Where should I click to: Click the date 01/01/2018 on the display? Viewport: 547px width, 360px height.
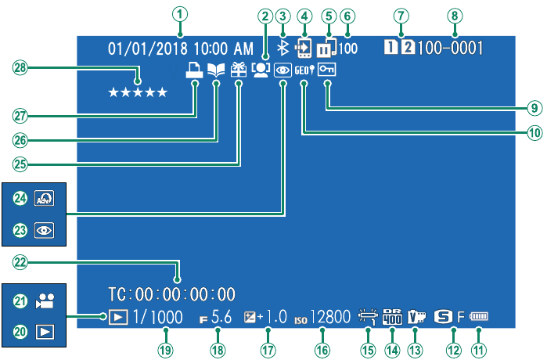tap(148, 49)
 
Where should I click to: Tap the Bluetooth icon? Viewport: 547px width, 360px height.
tap(282, 49)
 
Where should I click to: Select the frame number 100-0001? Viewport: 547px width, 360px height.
tap(451, 49)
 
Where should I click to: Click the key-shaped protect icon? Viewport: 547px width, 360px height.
tap(326, 70)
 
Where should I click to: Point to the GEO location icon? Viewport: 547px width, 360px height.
tap(304, 70)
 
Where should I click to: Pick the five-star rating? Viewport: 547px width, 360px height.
tap(138, 92)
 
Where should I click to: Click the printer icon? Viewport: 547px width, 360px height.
tap(194, 70)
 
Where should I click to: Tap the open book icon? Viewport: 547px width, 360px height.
tap(216, 70)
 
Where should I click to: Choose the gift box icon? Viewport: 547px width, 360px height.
tap(239, 70)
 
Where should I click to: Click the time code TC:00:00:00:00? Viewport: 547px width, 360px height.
tap(171, 294)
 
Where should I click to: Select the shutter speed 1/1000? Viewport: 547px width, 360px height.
tap(157, 317)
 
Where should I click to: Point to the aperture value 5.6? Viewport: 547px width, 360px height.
tap(221, 317)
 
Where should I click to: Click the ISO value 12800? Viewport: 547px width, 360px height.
tap(330, 317)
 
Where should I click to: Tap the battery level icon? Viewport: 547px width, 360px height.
tap(479, 316)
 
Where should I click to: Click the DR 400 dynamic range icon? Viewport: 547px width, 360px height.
tap(393, 317)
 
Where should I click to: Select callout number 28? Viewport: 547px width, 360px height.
tap(20, 67)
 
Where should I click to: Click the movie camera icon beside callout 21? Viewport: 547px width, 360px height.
tap(45, 301)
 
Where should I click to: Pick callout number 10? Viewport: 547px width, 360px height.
tap(534, 133)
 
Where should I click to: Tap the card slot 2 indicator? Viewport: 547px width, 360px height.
tap(408, 48)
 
